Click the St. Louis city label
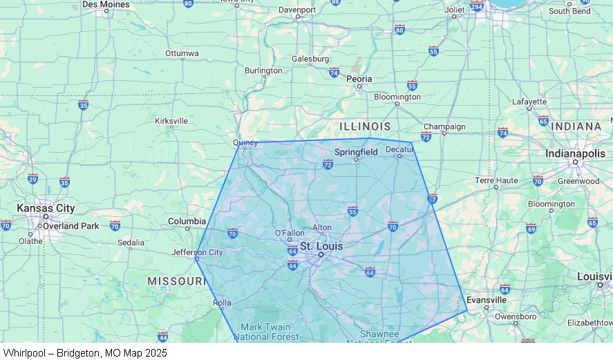321,246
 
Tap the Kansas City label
46,208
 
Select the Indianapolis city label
575,153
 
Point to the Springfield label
356,152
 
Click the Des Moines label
105,4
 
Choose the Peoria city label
359,79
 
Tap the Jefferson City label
197,252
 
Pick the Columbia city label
187,221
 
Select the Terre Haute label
496,180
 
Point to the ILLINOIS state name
365,126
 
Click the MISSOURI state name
177,281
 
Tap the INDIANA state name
576,126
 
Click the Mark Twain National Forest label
265,332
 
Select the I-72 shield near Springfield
328,164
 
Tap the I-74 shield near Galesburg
334,72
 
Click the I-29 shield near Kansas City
32,179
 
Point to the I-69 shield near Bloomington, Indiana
531,228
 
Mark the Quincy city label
245,143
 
